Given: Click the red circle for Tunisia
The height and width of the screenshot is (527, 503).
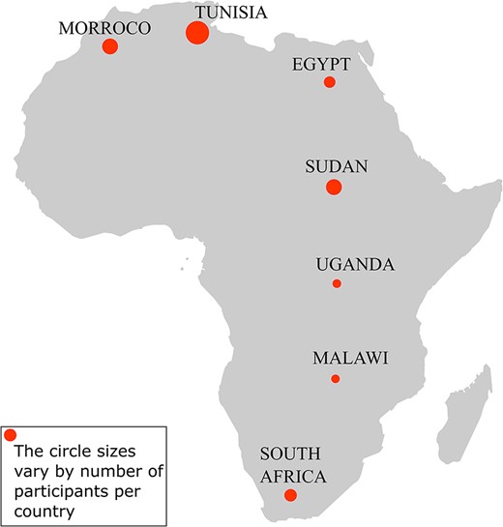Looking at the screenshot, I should coord(196,33).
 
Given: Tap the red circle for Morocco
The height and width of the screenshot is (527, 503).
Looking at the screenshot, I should coord(110,46).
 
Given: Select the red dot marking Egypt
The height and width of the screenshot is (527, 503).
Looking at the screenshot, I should coord(329,82).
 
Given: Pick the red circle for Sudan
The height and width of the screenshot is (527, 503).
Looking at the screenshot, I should coord(334,187).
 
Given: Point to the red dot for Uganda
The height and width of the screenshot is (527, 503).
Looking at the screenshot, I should coord(337,283).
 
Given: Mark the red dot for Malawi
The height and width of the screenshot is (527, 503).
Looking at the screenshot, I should coord(336,379).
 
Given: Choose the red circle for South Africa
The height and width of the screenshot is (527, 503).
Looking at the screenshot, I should coord(290,496).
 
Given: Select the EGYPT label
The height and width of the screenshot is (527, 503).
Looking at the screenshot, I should coord(320,64).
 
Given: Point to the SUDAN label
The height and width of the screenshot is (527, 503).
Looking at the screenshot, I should coord(336,165).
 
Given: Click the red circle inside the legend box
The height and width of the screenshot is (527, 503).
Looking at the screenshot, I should coord(11,434).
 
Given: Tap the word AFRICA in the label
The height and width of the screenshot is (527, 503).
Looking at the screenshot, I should coord(293,476).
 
